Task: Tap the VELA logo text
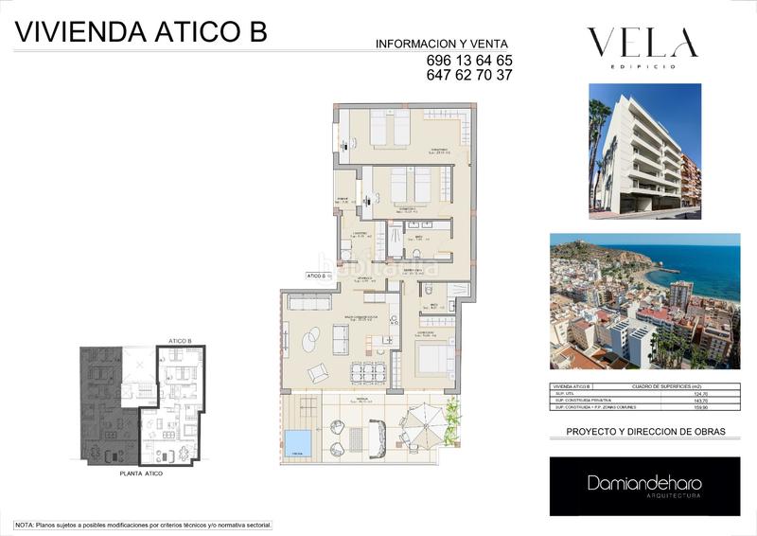[x=643, y=43]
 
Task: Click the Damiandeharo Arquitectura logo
[x=644, y=486]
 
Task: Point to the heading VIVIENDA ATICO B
[x=142, y=32]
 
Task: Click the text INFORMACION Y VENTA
[x=442, y=44]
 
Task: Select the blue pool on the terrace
[x=298, y=441]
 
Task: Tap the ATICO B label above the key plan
[x=180, y=340]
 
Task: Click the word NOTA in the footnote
[x=24, y=525]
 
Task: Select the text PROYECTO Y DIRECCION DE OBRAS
[x=645, y=432]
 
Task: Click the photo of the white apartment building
[x=644, y=147]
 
